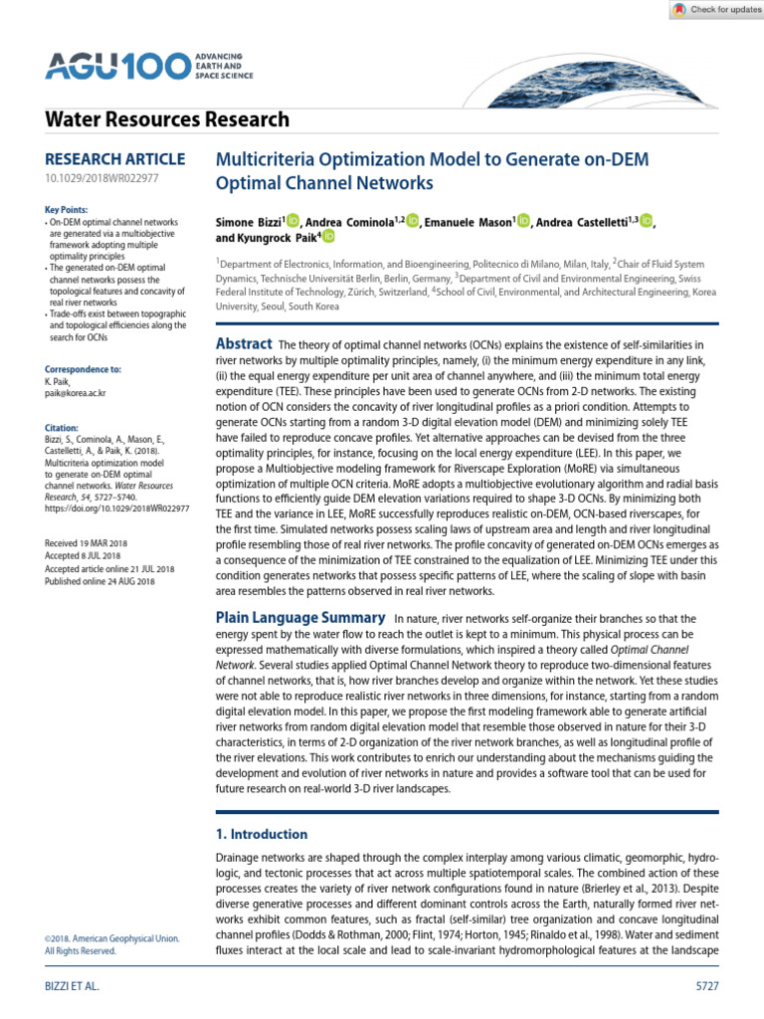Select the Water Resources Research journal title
168,120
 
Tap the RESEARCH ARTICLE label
115,159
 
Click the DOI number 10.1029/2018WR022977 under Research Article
102,179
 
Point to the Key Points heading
67,210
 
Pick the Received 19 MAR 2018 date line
94,542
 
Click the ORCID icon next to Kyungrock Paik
328,238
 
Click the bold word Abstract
244,344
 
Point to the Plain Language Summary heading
299,618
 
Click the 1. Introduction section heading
262,834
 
